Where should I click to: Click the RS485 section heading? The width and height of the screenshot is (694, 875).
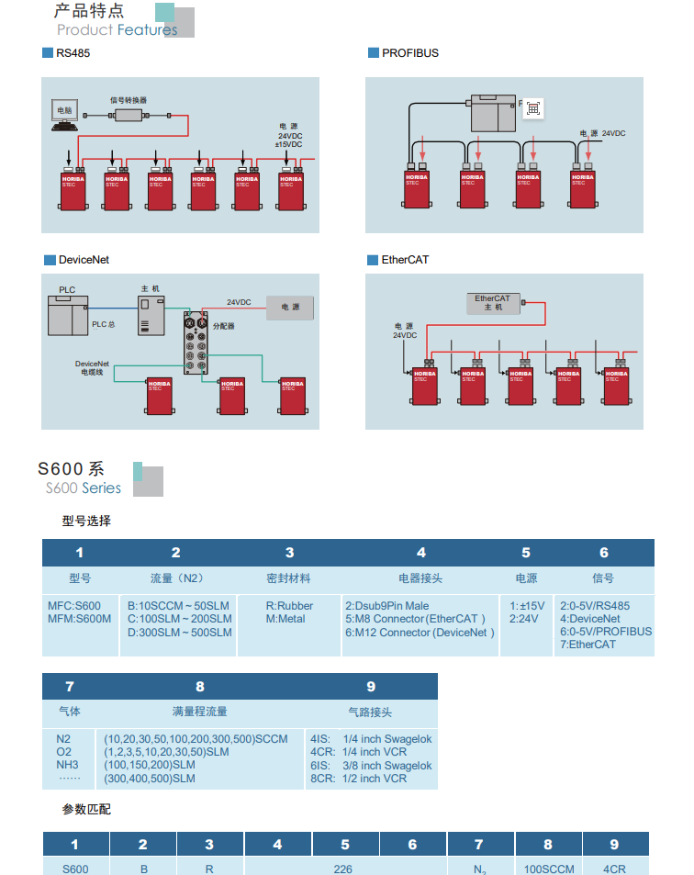[73, 53]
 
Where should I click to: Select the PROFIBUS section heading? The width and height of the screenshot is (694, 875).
[409, 53]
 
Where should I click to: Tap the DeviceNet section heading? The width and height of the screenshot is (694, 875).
[83, 260]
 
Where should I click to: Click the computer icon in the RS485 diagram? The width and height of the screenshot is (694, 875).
[64, 114]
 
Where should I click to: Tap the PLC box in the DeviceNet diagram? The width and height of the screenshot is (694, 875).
[68, 316]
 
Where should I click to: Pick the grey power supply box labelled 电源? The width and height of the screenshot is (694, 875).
[289, 308]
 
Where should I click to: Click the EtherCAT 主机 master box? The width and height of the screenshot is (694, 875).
[493, 302]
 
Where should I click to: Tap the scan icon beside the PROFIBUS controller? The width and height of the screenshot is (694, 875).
[533, 108]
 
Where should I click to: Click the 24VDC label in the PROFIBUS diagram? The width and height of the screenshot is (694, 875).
[613, 134]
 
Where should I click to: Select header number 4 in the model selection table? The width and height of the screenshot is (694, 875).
[421, 553]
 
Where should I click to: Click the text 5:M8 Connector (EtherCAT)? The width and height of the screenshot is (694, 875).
[415, 619]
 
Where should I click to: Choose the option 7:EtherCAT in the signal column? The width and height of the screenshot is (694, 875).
[588, 645]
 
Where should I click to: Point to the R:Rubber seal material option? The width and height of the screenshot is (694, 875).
[289, 606]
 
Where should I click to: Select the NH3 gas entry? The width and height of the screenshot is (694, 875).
[68, 765]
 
